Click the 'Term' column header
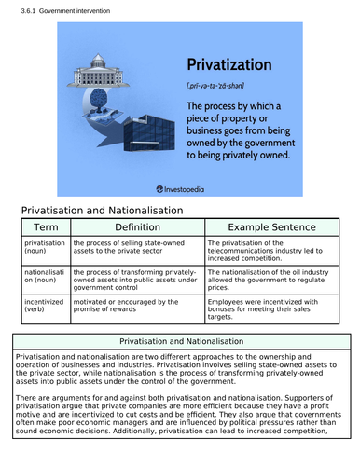(45, 227)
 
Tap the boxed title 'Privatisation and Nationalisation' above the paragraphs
(180, 343)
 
